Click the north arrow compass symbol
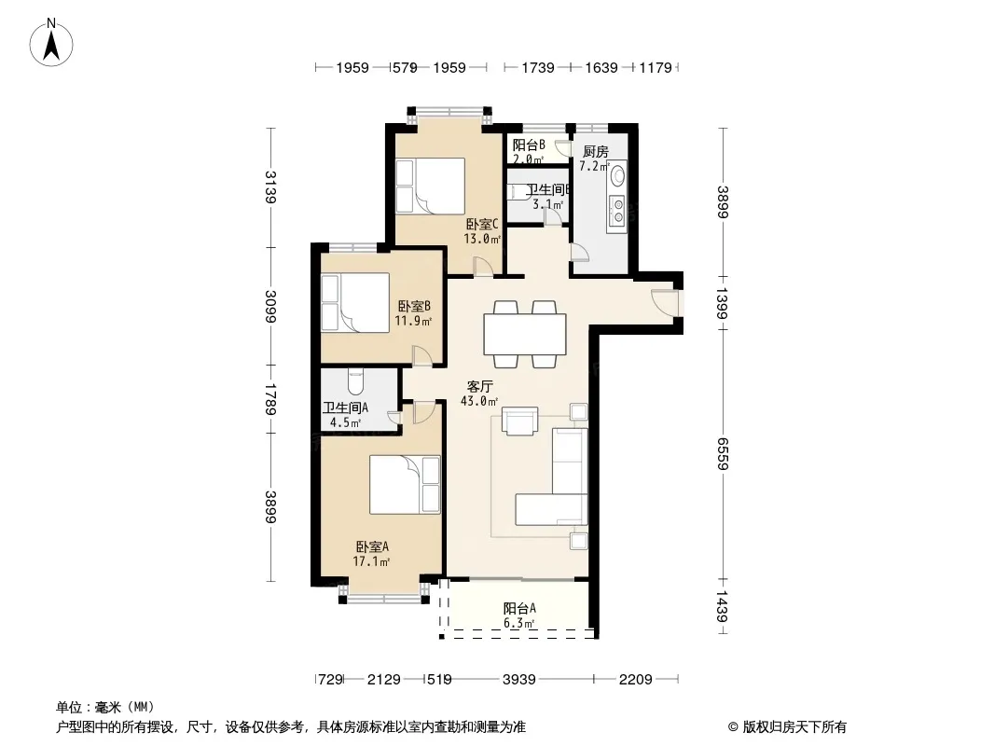click(51, 43)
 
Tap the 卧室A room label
click(372, 546)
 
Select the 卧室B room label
click(414, 306)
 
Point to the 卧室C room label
click(482, 224)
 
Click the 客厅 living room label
click(480, 386)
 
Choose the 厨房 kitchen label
click(595, 151)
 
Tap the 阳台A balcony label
click(519, 609)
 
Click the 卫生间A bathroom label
click(345, 408)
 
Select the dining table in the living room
click(525, 334)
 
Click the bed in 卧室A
click(405, 484)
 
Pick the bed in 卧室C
click(431, 186)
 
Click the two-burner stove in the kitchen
click(617, 211)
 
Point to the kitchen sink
click(617, 173)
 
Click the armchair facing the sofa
click(519, 421)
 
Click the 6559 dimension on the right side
click(723, 454)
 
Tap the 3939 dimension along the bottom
click(518, 680)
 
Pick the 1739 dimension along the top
click(538, 67)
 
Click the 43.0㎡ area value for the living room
click(479, 401)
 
